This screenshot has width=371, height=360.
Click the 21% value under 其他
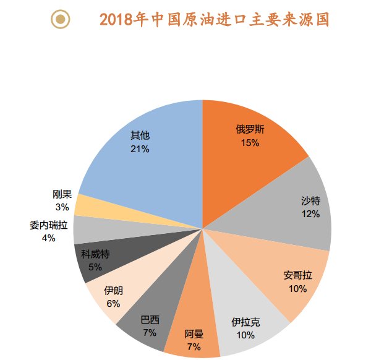140,148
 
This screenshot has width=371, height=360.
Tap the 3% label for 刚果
61,207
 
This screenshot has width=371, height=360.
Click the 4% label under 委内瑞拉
48,238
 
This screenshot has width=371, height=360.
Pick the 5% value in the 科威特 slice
95,267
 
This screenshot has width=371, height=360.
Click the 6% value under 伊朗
113,303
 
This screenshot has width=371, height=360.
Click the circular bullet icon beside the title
60,20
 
